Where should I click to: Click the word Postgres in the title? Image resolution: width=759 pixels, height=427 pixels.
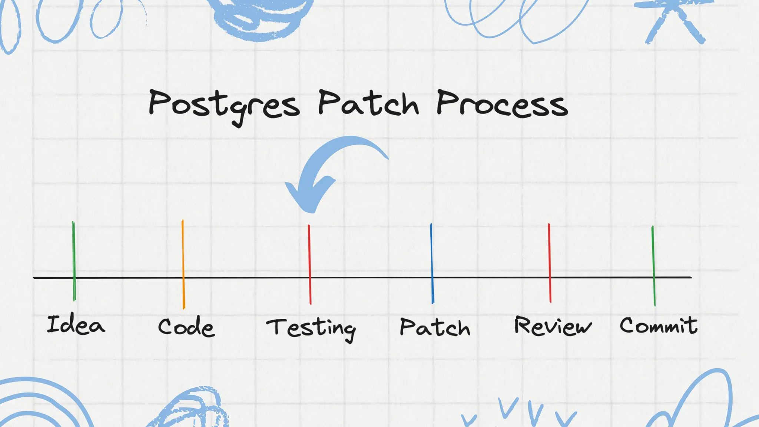224,105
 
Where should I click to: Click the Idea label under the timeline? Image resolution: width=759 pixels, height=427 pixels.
76,325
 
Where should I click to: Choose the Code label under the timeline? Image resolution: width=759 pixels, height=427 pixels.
186,327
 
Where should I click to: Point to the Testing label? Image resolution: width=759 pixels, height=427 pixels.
311,328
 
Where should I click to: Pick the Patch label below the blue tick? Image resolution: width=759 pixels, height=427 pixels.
435,327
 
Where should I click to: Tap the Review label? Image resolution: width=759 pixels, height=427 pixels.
553,326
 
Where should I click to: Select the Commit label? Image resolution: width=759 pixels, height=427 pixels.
658,325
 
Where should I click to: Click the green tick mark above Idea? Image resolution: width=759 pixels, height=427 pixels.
74,252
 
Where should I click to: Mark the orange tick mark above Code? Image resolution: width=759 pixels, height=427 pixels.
183,256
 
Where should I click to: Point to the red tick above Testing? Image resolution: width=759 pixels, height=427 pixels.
309,256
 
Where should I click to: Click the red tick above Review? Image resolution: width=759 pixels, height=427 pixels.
549,256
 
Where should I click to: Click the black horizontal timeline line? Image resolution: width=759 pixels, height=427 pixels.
371,277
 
